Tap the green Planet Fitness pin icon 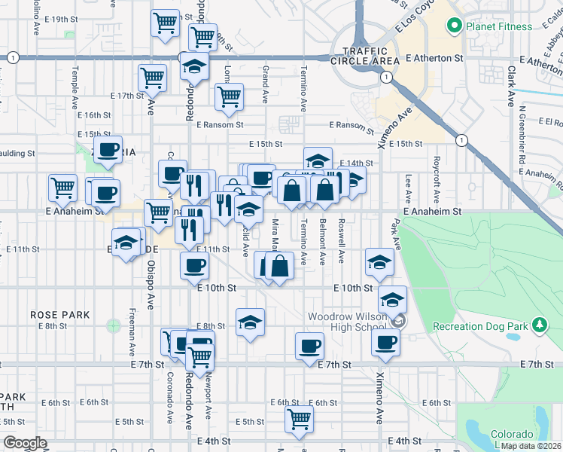tap(454, 26)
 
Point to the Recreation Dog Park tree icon tap(539, 325)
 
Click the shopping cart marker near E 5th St tap(300, 418)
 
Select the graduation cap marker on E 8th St tap(251, 322)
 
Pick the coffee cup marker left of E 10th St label tap(195, 265)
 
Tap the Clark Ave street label tap(510, 85)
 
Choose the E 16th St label tap(94, 115)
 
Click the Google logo tap(25, 443)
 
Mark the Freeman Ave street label tap(132, 331)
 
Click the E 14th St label tap(356, 163)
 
